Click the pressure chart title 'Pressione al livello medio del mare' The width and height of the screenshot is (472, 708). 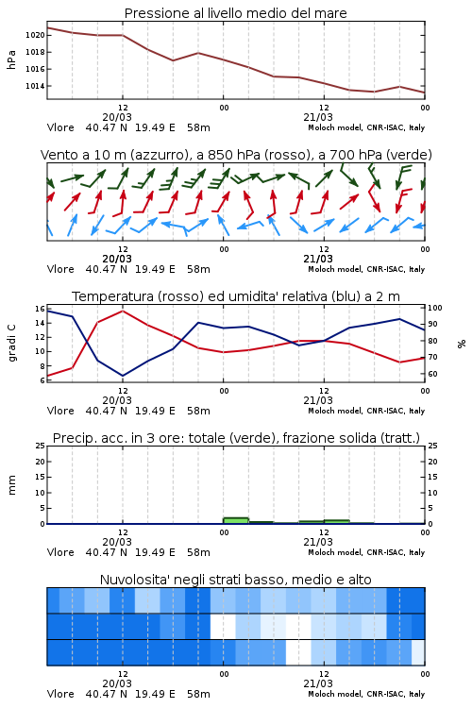click(235, 13)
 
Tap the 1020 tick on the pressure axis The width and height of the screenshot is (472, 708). click(35, 35)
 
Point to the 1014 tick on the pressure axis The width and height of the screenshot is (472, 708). click(35, 86)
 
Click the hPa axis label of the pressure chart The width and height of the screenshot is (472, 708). click(11, 59)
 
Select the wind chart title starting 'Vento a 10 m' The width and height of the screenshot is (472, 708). click(236, 155)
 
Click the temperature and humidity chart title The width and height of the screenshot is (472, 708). click(236, 296)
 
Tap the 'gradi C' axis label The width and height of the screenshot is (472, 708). click(11, 343)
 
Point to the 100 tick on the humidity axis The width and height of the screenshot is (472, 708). click(435, 308)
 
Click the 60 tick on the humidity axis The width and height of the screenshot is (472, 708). click(432, 374)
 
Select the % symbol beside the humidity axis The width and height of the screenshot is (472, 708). click(462, 344)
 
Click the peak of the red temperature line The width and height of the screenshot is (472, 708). click(123, 311)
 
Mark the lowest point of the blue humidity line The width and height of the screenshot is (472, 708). click(123, 376)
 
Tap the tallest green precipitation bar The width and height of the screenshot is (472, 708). click(236, 520)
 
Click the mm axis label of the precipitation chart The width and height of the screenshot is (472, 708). click(11, 485)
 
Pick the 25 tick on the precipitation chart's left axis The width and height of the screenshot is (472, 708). click(41, 446)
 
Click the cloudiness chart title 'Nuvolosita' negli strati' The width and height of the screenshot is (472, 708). click(235, 580)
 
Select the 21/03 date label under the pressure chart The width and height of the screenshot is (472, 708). click(318, 117)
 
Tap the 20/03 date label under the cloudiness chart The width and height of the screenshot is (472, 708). click(117, 683)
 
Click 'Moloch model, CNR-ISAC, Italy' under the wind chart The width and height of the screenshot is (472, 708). click(366, 269)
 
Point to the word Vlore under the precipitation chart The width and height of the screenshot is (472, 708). click(60, 552)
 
